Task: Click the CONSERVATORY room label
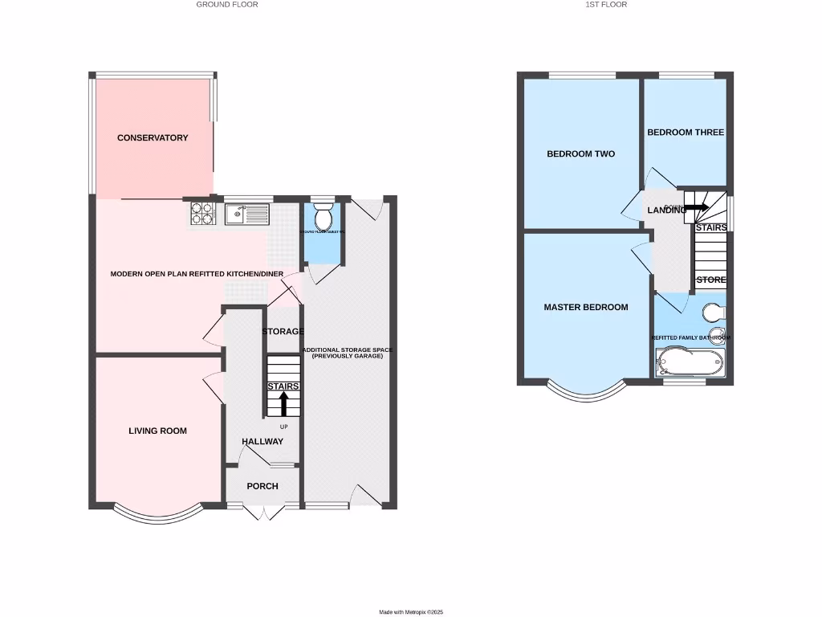153,138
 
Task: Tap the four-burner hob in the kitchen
202,213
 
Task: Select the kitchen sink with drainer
247,214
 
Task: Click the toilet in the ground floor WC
323,217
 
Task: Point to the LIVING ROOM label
157,431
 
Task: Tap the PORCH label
262,486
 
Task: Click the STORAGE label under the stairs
283,332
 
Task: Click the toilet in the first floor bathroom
713,312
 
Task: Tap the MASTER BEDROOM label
586,308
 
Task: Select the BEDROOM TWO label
580,154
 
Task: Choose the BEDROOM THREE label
686,133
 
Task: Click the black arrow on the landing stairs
697,207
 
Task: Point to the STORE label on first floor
710,280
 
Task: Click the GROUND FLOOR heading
227,5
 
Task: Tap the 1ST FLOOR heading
607,5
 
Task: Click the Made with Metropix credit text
411,612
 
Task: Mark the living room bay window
157,515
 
